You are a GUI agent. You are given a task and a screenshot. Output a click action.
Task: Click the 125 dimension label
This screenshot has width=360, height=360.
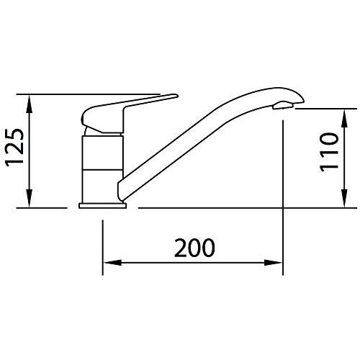coord(15,148)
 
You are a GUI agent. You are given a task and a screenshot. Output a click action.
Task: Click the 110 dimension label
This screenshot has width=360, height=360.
coord(329,153)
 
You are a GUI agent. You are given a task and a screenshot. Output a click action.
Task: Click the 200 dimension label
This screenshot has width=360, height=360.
coord(194,248)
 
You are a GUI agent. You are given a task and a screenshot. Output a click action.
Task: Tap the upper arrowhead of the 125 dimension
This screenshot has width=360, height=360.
coord(29,104)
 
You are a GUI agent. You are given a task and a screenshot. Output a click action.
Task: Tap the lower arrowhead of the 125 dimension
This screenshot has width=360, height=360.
coord(29,198)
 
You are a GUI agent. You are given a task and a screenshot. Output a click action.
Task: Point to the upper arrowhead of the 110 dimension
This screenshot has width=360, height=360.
coord(344,118)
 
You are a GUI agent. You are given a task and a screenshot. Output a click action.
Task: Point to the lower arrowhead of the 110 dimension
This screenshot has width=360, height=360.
coord(344,198)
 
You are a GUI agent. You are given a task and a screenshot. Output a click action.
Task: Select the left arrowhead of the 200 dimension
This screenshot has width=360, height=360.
coord(112,262)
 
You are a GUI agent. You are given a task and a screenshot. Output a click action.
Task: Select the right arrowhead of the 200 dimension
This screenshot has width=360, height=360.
coord(274,262)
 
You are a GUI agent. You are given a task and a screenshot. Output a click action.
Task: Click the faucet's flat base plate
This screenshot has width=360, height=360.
coord(102,205)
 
